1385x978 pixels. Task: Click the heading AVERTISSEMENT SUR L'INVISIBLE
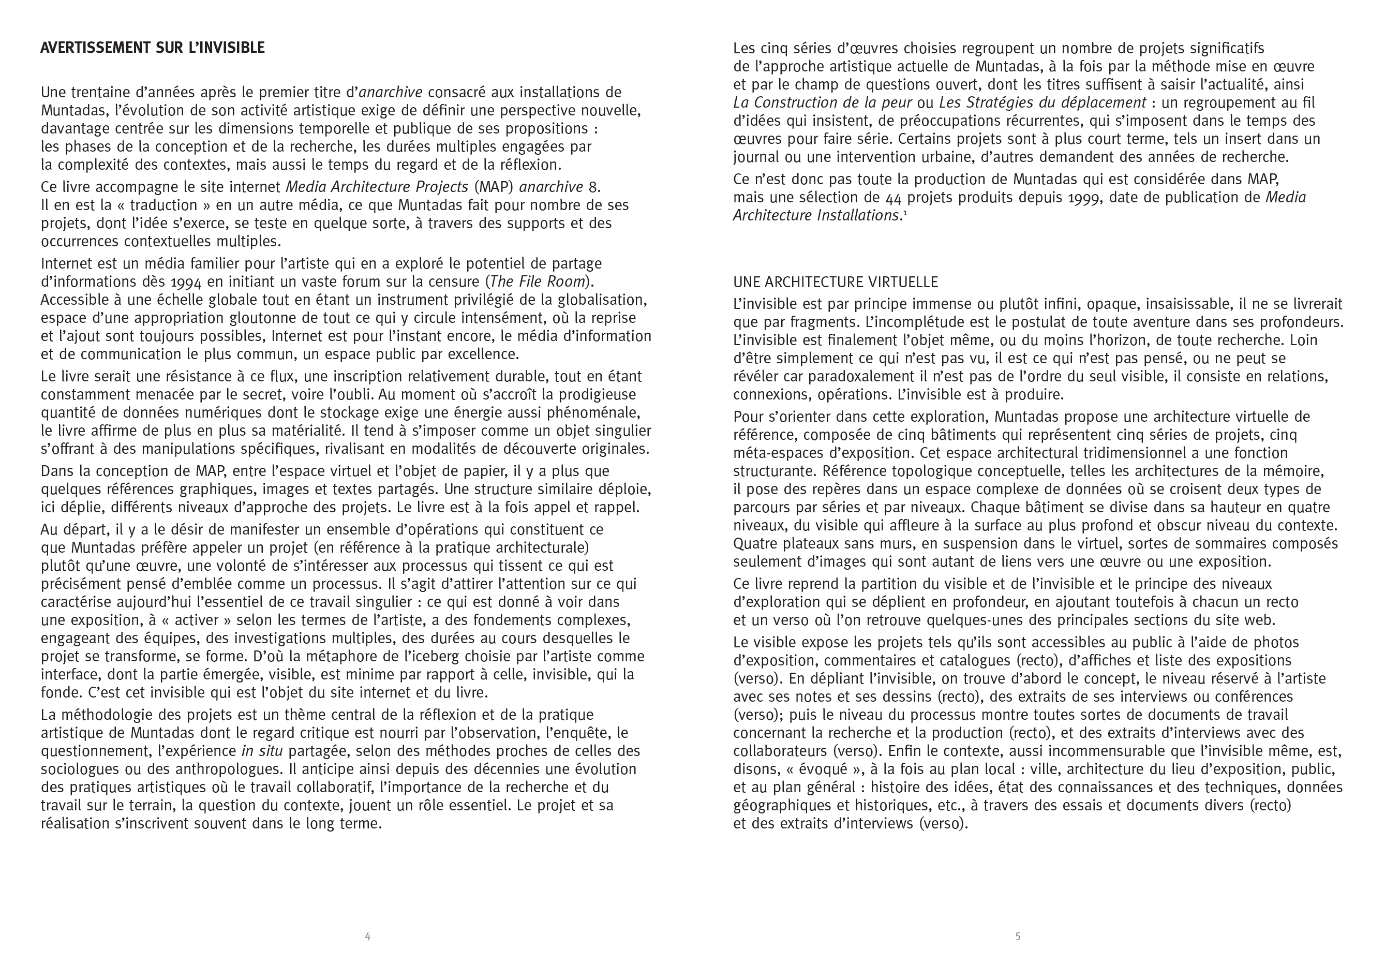(152, 48)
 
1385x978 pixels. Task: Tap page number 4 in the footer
(367, 937)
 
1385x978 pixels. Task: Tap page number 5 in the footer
(1018, 937)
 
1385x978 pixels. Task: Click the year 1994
(186, 283)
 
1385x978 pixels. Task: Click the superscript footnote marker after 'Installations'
(905, 212)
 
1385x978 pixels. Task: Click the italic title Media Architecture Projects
(377, 187)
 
